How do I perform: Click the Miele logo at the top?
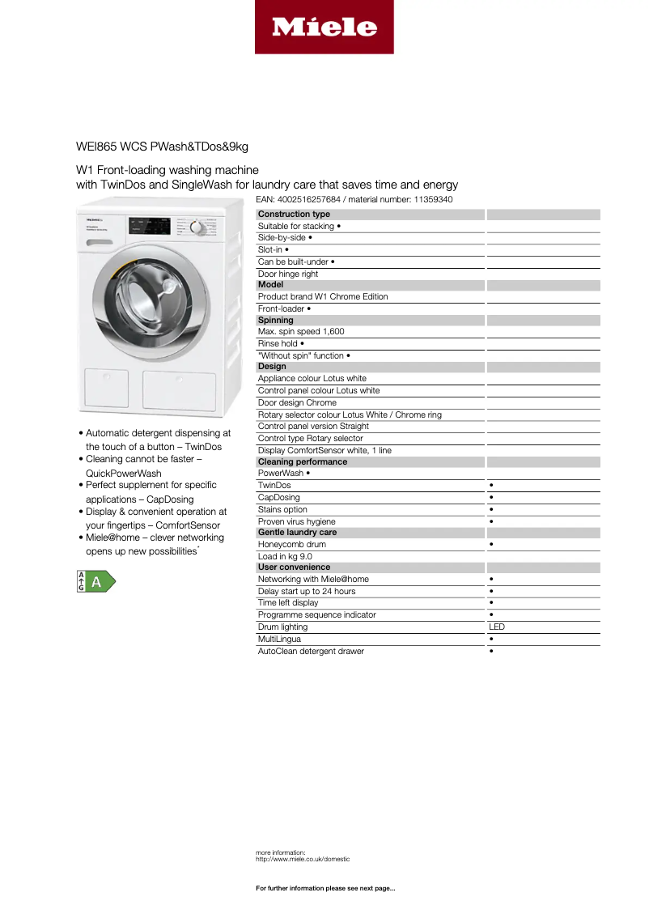click(324, 28)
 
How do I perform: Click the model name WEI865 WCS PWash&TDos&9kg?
click(162, 147)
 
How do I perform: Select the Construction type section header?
click(294, 215)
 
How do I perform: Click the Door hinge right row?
click(288, 274)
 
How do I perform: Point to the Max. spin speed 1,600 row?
click(301, 331)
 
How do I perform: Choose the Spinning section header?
click(275, 320)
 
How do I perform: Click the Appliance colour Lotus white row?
click(312, 378)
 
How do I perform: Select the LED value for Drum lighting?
click(497, 627)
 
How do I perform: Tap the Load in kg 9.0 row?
click(285, 556)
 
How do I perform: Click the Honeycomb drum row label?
click(292, 544)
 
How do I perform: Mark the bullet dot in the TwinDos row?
click(491, 485)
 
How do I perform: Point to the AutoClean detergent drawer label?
click(311, 651)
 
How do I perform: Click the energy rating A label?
click(96, 581)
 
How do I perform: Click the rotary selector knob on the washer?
click(195, 227)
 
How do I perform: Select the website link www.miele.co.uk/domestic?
click(303, 859)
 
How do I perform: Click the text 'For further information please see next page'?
click(325, 888)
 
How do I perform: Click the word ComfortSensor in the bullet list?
click(188, 525)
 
